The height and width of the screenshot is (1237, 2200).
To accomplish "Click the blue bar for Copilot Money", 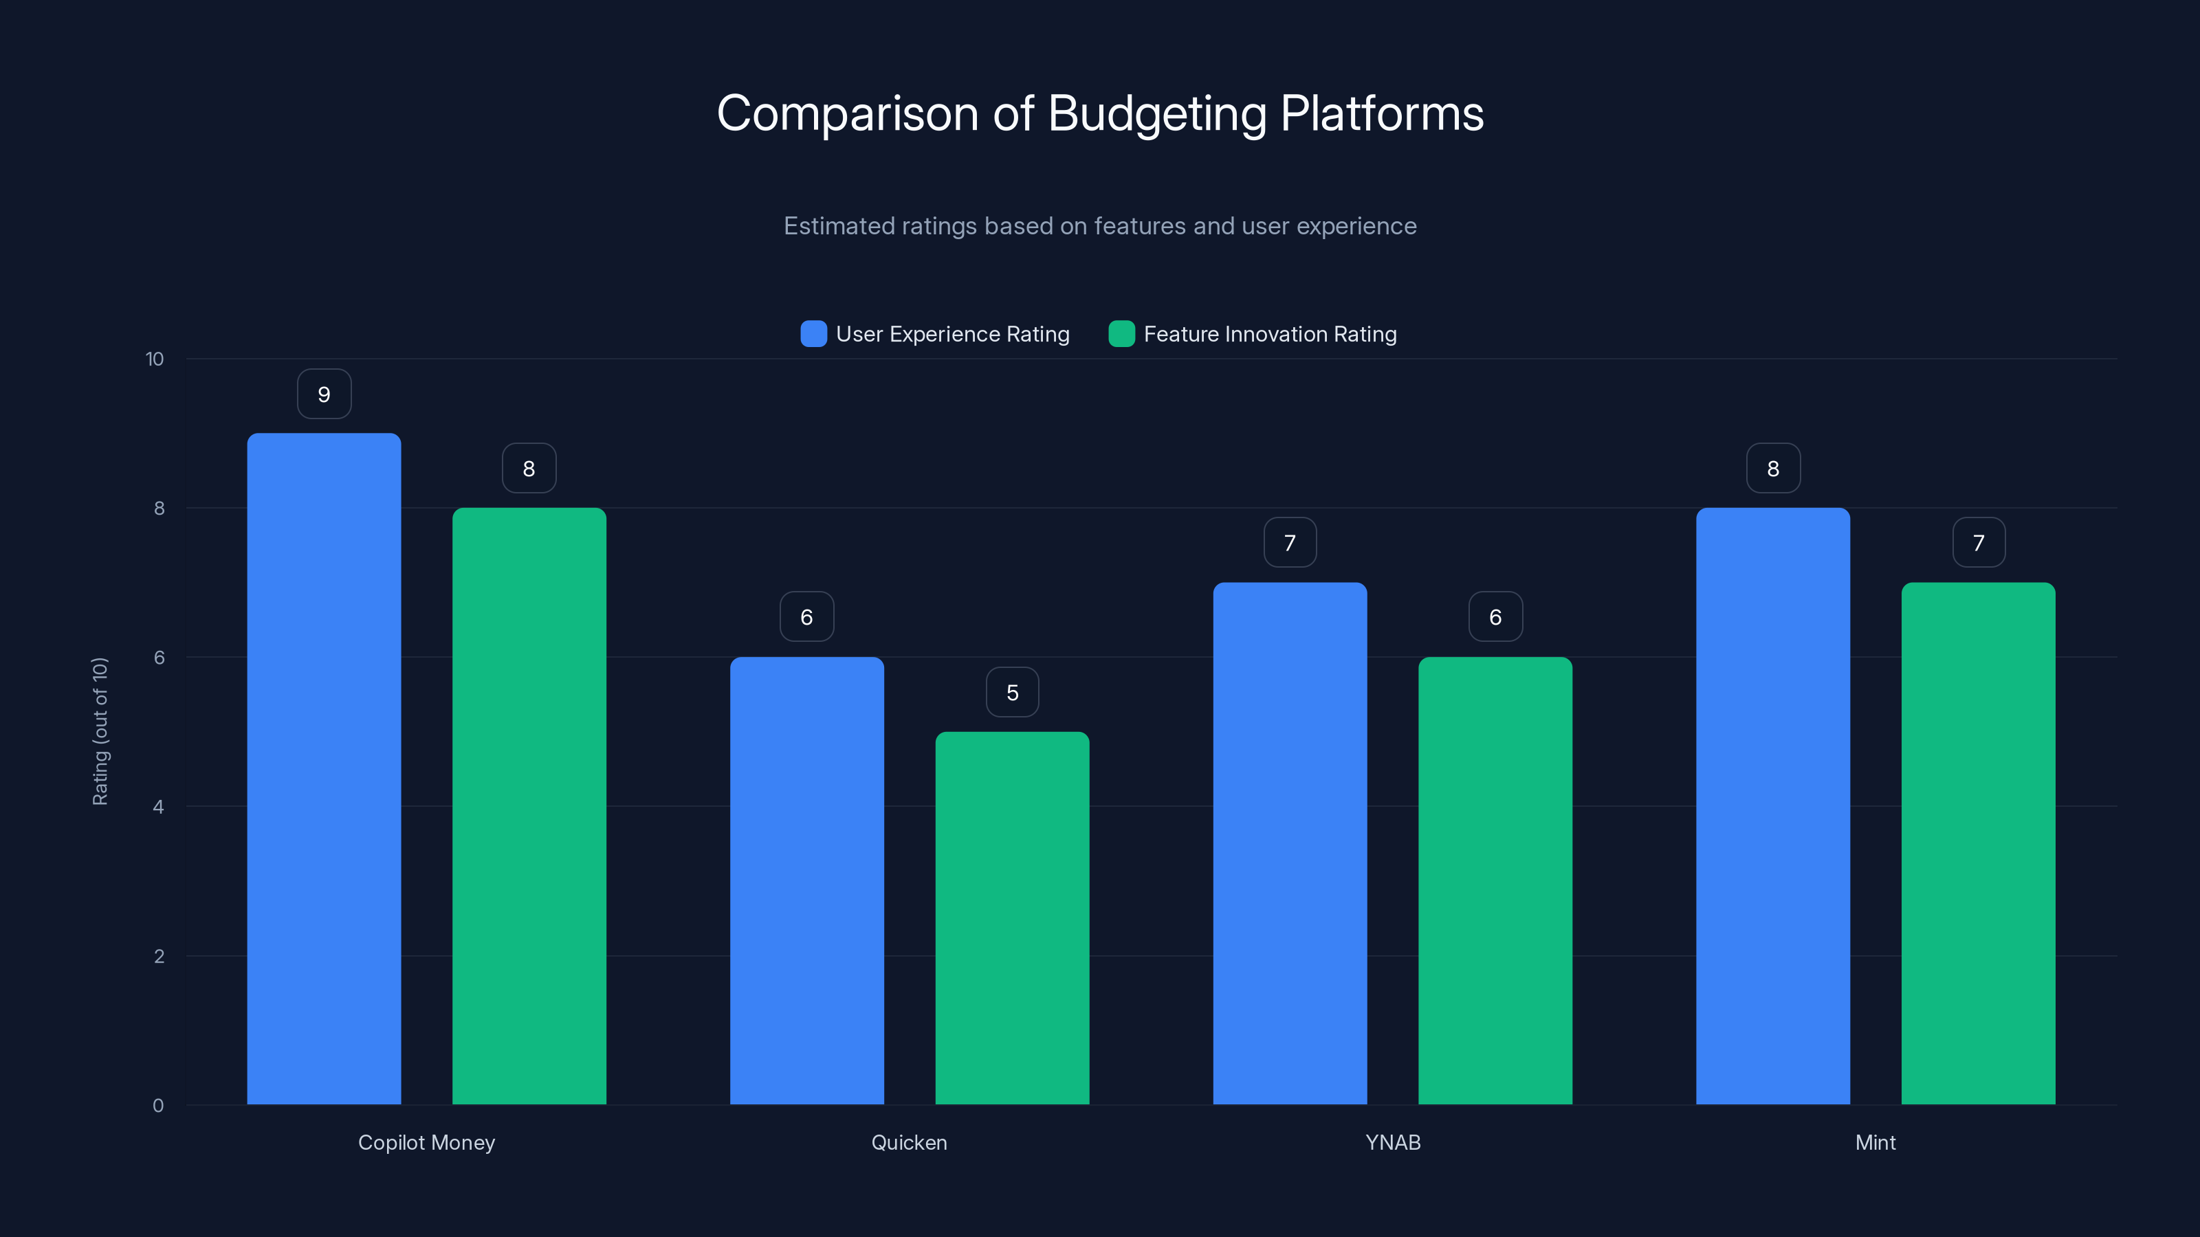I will click(324, 768).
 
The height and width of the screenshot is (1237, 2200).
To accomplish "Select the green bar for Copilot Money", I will click(529, 806).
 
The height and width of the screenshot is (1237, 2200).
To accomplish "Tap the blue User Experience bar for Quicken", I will click(806, 880).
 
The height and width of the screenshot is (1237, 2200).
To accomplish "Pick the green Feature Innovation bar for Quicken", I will click(1012, 917).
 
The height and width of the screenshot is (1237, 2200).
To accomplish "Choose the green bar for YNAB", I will click(1495, 880).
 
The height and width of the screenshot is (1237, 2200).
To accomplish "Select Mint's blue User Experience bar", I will click(1773, 806).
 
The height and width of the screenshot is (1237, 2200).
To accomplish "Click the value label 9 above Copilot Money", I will click(324, 394).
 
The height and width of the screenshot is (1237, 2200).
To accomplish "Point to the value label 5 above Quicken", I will click(1012, 692).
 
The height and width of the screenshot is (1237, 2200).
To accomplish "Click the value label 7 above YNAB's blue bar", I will click(1290, 543).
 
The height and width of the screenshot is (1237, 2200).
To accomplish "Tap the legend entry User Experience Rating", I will click(951, 334).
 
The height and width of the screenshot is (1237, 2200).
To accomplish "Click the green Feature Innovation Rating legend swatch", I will click(1121, 334).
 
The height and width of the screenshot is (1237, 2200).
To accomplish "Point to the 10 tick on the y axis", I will click(155, 359).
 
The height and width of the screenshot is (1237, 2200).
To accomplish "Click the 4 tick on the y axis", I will click(158, 807).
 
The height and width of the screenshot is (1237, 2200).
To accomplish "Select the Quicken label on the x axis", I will click(909, 1142).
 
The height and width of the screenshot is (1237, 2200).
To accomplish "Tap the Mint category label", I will click(1875, 1142).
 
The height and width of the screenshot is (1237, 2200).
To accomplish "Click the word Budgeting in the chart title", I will click(1156, 113).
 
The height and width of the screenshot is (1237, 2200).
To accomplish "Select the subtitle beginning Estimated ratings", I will click(1100, 226).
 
